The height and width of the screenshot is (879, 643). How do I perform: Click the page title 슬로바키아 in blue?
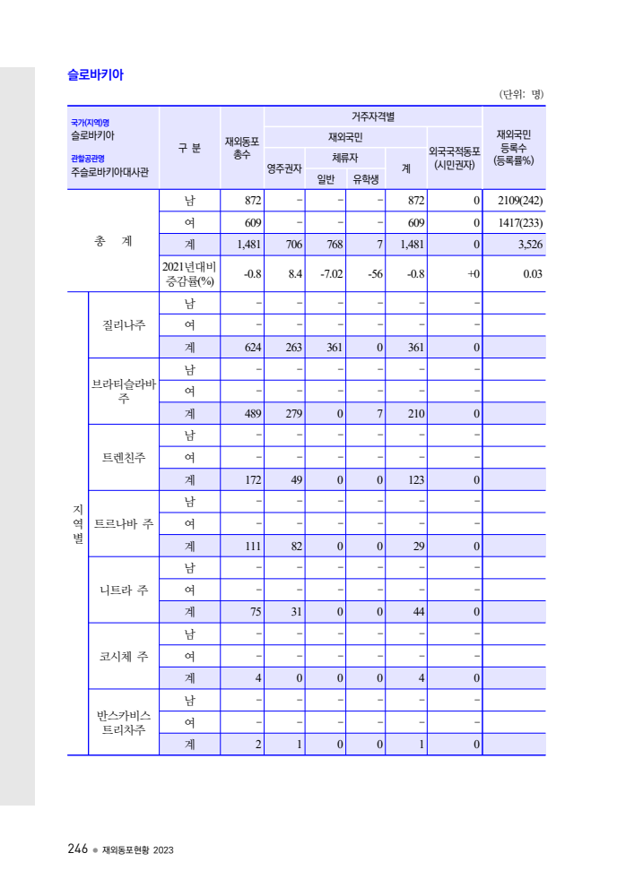(x=95, y=75)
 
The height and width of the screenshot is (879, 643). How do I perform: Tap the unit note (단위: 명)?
(x=520, y=94)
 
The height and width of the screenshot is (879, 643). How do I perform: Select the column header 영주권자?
(x=284, y=168)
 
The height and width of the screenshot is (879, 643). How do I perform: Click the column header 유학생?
(x=365, y=178)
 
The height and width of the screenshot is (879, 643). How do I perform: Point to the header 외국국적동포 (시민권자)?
(x=455, y=158)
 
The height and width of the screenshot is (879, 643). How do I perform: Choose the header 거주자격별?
(x=373, y=116)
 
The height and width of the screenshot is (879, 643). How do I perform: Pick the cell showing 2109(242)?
(x=515, y=200)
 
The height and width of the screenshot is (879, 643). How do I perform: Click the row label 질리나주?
(x=124, y=324)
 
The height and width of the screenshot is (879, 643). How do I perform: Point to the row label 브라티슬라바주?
(x=124, y=391)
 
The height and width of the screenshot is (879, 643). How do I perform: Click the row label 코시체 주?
(x=124, y=656)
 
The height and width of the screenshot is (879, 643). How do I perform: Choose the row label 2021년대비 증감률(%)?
(x=189, y=273)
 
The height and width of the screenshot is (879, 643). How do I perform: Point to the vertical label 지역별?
(x=78, y=523)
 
